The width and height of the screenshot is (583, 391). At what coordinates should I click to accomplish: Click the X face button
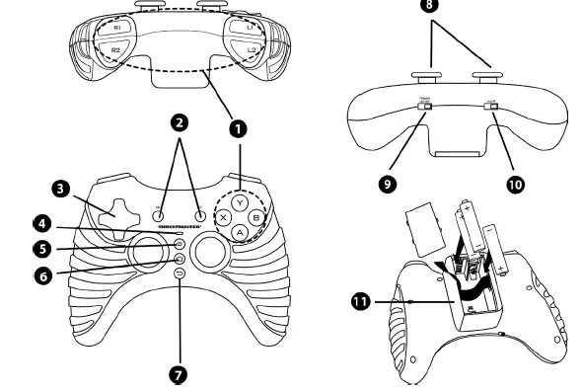(224, 215)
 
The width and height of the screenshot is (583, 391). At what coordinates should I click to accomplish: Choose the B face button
(255, 215)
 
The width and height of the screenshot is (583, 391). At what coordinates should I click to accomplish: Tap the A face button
(239, 232)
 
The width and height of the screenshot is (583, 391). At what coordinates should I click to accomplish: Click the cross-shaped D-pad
(116, 210)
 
